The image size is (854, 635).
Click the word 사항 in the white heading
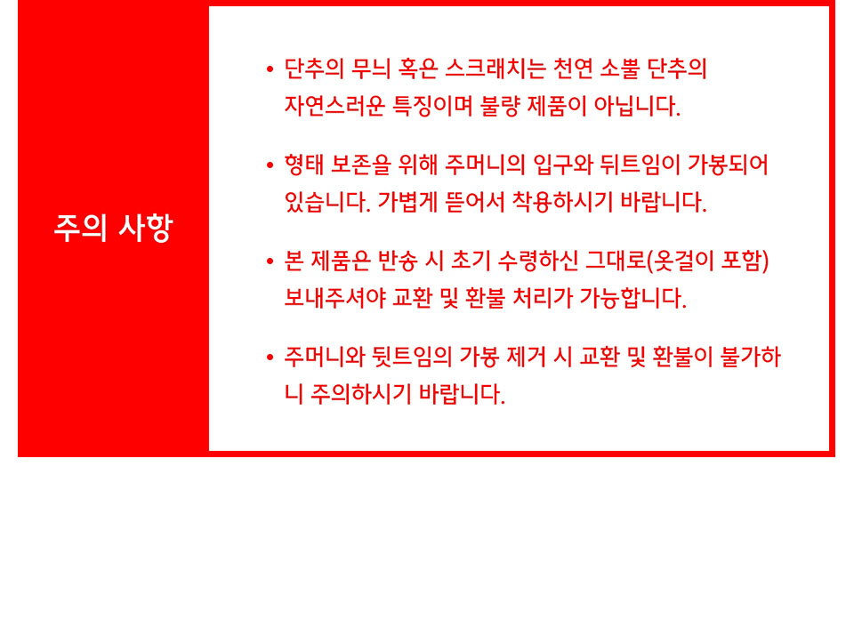point(145,228)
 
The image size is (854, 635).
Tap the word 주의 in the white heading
point(80,228)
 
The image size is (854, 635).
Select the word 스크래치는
point(495,69)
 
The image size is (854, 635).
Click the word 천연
point(573,69)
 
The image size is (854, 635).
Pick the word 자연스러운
point(334,106)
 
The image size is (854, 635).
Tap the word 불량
point(500,106)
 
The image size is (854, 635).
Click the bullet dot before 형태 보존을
point(270,165)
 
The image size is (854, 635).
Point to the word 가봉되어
point(729,165)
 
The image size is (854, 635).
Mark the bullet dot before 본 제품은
point(270,261)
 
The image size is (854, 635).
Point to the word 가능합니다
point(632,298)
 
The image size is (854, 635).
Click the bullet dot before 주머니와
point(270,358)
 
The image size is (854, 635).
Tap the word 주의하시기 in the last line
point(361,394)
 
